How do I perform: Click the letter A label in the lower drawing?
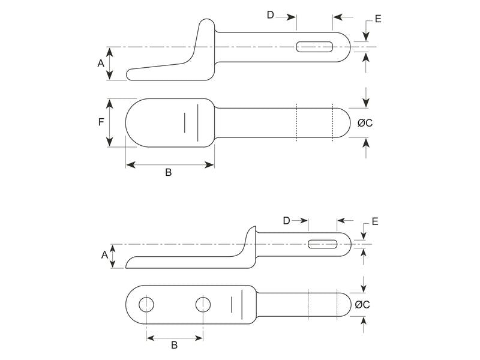pyautogui.click(x=104, y=255)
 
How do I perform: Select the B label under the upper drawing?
pyautogui.click(x=169, y=173)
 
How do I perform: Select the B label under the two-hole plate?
pyautogui.click(x=175, y=345)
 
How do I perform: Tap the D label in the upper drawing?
pyautogui.click(x=271, y=15)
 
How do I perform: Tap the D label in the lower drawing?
pyautogui.click(x=286, y=221)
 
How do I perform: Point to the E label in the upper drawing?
pyautogui.click(x=378, y=19)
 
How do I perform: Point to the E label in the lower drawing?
pyautogui.click(x=375, y=222)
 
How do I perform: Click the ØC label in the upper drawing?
pyautogui.click(x=365, y=123)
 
